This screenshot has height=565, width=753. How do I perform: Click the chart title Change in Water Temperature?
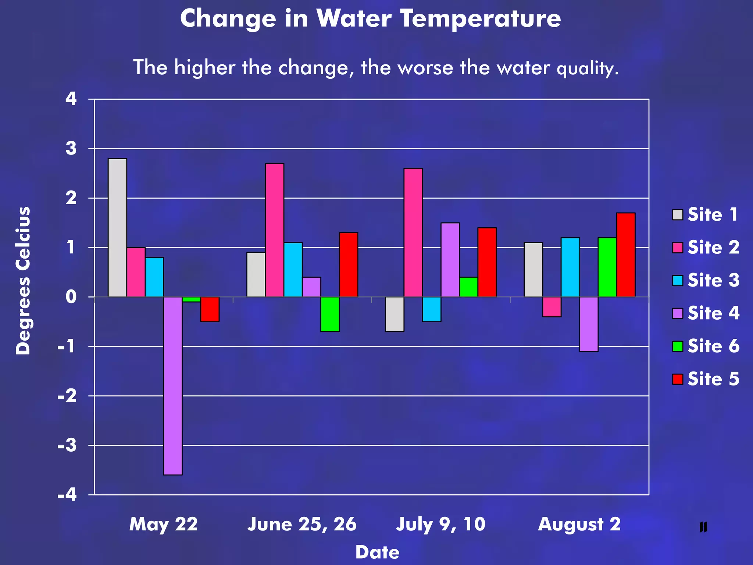(x=370, y=18)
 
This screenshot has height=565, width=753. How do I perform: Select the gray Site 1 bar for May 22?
(x=117, y=227)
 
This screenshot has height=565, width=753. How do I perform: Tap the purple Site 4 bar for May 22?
(x=173, y=385)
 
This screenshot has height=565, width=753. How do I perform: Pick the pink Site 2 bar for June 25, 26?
(x=275, y=230)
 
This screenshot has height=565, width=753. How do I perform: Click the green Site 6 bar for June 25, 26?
(x=330, y=314)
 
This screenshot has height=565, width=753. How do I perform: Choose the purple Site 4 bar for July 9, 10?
(x=450, y=260)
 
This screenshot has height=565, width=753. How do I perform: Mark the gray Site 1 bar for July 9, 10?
(x=395, y=314)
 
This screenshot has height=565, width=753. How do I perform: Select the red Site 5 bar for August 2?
(x=626, y=255)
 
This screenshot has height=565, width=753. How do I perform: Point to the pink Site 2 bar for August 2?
(x=552, y=306)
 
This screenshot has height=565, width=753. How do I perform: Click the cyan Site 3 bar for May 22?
(x=154, y=277)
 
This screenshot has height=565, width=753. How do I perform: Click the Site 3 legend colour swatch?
(x=677, y=280)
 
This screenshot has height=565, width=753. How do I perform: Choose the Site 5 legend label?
(x=713, y=379)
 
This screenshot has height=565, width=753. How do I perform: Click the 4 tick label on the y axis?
(x=71, y=99)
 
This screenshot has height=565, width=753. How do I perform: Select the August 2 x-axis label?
(x=579, y=524)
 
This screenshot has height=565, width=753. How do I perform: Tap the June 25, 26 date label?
(x=302, y=524)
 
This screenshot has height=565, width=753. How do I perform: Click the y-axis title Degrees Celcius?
(x=23, y=280)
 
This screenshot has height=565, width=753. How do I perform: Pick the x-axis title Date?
(x=377, y=552)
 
